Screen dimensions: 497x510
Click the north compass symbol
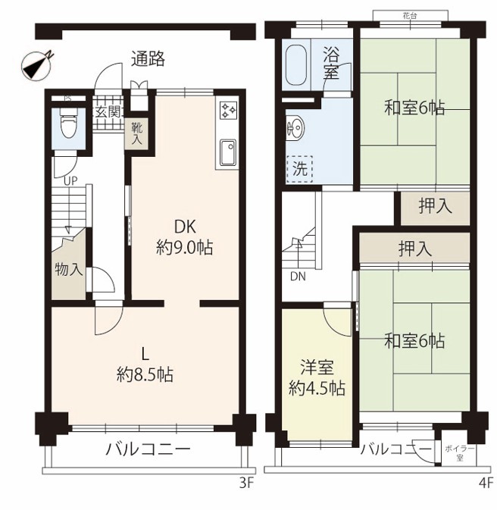(36, 64)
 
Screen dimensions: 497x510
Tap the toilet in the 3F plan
(68, 123)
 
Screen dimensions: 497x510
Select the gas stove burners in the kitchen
(229, 111)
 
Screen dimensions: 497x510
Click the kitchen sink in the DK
(228, 152)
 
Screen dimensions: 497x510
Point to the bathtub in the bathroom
(296, 65)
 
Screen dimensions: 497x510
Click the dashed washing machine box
(299, 169)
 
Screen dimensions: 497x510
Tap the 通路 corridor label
(148, 59)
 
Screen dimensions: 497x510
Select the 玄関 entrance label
(108, 112)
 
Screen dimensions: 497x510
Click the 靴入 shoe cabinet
(137, 133)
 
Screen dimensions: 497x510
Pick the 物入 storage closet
(68, 270)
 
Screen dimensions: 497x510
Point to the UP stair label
(70, 181)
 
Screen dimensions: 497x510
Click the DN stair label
(298, 277)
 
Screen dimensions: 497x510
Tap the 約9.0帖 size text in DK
(184, 248)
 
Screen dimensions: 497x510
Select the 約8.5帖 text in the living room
(145, 375)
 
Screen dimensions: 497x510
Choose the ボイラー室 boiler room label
(460, 453)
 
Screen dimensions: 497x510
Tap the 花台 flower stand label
(410, 16)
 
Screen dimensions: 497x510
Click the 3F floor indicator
(246, 483)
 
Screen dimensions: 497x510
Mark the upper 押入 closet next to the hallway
(435, 208)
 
